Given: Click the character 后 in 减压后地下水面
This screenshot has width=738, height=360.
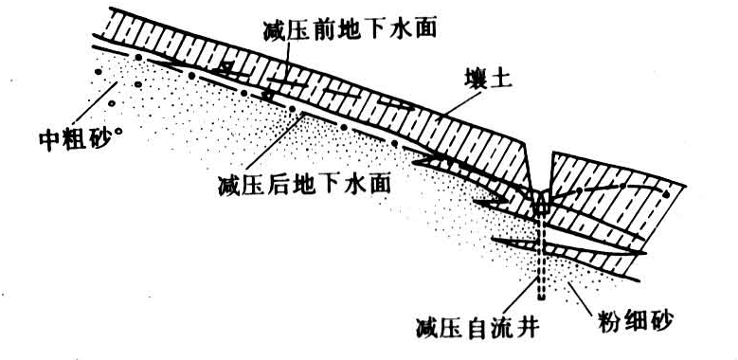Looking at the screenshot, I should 269,179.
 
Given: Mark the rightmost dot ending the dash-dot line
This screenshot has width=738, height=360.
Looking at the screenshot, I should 668,194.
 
